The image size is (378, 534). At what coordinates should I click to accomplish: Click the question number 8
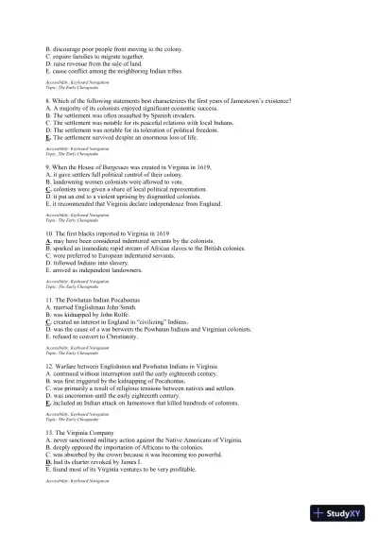[x=48, y=100]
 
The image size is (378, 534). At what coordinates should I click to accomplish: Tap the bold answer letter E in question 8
[x=47, y=138]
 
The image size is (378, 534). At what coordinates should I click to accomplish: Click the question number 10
[x=50, y=232]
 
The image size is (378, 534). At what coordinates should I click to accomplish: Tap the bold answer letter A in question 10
[x=47, y=240]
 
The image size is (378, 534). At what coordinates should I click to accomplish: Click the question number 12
[x=50, y=364]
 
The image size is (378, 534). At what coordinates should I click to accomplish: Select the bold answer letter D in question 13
[x=47, y=461]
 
